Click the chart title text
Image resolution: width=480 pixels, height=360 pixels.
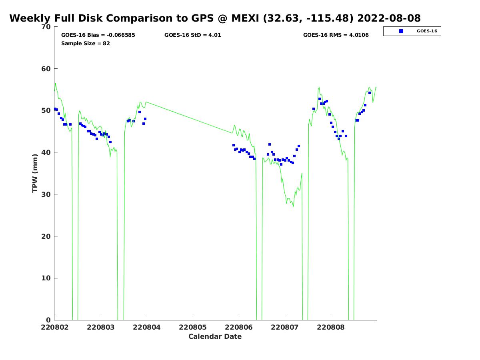point(215,18)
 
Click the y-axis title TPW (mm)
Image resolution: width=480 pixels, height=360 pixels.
point(35,173)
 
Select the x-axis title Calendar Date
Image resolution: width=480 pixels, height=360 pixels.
point(215,336)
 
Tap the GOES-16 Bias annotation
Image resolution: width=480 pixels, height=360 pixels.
point(98,35)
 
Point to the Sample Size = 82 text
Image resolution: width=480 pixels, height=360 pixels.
point(85,43)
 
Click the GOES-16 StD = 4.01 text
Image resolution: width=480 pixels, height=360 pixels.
point(192,35)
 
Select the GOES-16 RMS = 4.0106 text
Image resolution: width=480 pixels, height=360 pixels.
point(336,35)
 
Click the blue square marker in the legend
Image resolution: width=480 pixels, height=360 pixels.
point(401,31)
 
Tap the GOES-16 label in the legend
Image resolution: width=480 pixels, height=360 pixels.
point(426,31)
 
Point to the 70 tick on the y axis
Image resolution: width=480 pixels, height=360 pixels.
point(46,27)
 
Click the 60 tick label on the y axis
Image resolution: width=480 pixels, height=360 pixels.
point(46,69)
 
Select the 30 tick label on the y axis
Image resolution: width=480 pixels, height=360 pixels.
point(46,194)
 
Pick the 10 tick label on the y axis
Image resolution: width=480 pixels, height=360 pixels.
point(46,278)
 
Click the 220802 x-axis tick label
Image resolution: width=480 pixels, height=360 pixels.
point(55,327)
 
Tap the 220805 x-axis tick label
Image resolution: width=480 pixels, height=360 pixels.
point(193,327)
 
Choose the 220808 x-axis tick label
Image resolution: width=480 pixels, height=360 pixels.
point(331,327)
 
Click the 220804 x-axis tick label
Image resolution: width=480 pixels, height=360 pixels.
point(147,327)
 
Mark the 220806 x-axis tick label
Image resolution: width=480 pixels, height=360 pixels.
point(239,327)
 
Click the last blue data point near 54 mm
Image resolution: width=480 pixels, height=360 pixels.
point(370,93)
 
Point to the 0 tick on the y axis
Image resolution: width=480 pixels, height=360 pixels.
point(49,320)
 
